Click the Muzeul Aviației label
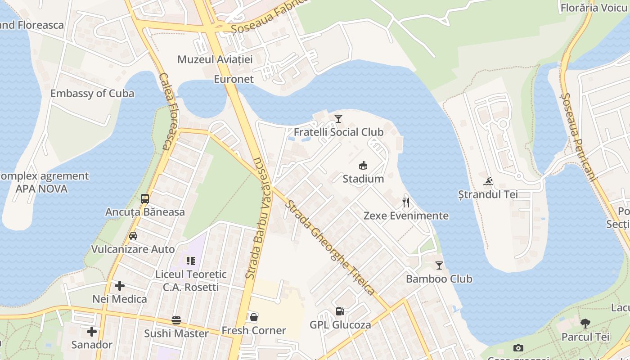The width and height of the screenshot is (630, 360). coord(215,59)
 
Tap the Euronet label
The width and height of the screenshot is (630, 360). coord(234,79)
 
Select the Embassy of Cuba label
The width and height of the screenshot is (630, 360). coord(92,94)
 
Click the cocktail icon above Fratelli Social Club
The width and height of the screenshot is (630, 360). coord(338,119)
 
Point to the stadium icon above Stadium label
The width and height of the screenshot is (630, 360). coord(363,166)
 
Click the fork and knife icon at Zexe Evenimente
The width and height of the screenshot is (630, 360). coord(406,202)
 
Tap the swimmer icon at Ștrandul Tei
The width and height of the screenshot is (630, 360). coord(488,182)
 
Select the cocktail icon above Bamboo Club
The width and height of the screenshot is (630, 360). coord(439,265)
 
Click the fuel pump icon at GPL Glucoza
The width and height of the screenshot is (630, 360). coord(340,311)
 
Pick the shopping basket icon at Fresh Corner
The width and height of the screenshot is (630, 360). coord(254,317)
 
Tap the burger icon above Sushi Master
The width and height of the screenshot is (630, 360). coord(176,320)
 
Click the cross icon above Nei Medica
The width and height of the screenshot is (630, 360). coord(120,286)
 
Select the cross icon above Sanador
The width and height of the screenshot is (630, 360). coord(92,332)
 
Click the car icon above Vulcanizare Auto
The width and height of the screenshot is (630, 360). coord(133,236)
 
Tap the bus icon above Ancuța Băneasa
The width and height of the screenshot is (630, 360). coord(145,199)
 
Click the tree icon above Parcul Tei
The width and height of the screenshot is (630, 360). coord(585,323)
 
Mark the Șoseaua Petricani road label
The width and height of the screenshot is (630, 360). coord(578,137)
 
